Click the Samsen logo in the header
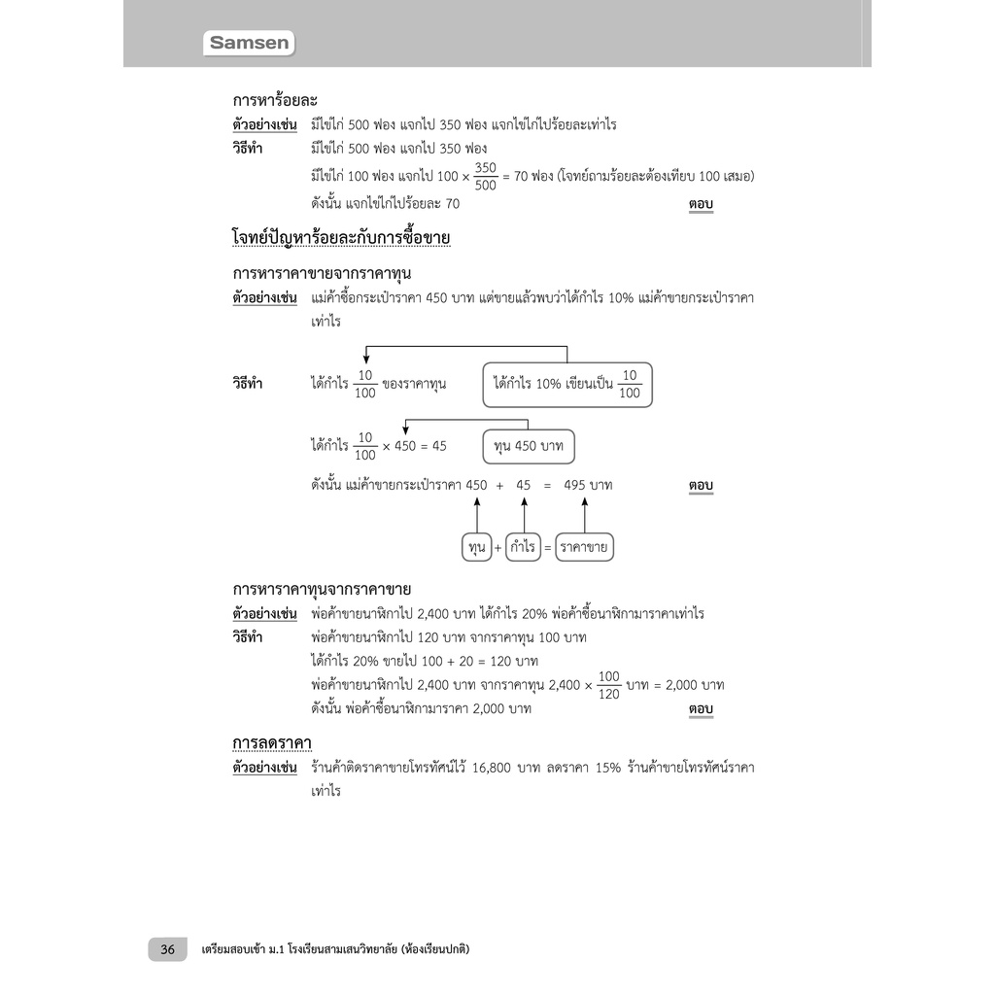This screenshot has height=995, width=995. click(x=251, y=43)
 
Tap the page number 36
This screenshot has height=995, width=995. click(x=167, y=949)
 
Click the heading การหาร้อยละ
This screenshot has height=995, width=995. click(x=275, y=100)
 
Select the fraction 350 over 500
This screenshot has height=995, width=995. click(x=486, y=177)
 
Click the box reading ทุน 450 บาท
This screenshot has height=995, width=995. click(x=529, y=446)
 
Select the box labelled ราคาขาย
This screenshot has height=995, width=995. click(x=584, y=548)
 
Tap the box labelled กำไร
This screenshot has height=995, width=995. click(x=522, y=548)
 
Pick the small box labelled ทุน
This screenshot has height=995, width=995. click(x=476, y=548)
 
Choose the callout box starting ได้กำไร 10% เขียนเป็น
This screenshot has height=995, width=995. click(x=567, y=385)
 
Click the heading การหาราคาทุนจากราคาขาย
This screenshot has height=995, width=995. click(x=322, y=589)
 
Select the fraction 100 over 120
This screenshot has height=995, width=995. click(x=608, y=685)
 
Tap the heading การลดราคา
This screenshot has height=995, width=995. click(x=271, y=743)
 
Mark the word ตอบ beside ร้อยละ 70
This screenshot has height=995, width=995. click(x=701, y=204)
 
